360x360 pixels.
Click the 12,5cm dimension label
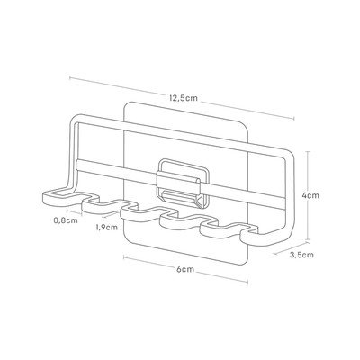[x=184, y=98]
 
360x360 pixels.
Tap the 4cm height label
[x=310, y=195]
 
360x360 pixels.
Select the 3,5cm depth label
[x=301, y=255]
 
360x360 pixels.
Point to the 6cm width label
[x=185, y=270]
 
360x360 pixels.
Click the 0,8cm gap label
[x=66, y=220]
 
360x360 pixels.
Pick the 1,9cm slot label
[x=107, y=227]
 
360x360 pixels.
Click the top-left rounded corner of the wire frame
[x=75, y=119]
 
